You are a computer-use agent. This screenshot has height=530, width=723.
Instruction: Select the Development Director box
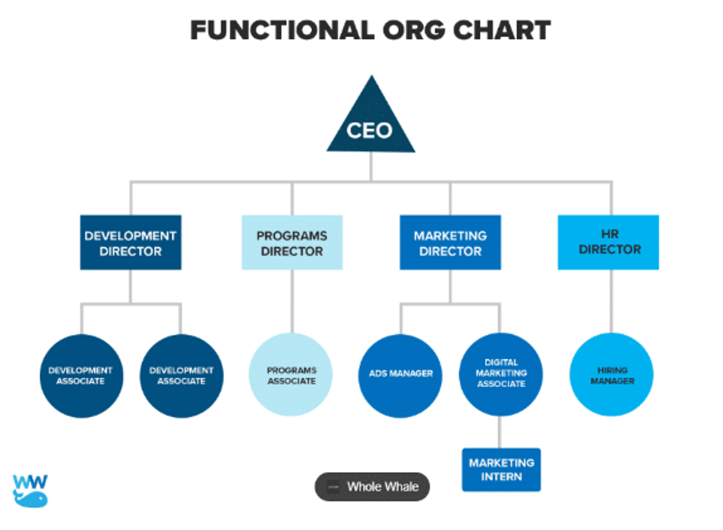click(x=131, y=242)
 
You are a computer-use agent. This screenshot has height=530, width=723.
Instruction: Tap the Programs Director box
click(x=292, y=242)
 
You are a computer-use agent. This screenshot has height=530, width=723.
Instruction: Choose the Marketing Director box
click(x=450, y=242)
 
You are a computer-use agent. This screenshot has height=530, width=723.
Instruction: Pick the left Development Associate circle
click(x=81, y=376)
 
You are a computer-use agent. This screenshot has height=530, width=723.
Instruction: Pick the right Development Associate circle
click(x=181, y=376)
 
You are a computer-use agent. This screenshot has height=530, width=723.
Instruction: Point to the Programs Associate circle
click(x=291, y=376)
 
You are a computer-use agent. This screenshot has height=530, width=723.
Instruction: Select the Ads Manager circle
click(x=401, y=374)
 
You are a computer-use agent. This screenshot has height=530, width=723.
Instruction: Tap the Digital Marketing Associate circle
click(x=501, y=374)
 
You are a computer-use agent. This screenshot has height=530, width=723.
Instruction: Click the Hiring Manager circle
click(x=612, y=376)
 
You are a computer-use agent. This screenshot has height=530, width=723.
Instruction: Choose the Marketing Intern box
click(x=501, y=470)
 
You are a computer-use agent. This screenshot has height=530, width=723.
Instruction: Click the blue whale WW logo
click(x=30, y=490)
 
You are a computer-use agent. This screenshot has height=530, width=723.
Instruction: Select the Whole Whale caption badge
click(x=372, y=487)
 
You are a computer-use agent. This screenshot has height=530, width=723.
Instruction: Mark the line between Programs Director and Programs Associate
click(x=292, y=301)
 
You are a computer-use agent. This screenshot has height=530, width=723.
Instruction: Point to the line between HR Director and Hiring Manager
click(x=610, y=301)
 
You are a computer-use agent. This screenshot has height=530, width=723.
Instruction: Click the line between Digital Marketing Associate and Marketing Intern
click(x=499, y=432)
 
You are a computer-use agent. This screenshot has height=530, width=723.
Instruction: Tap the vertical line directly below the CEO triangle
click(x=371, y=166)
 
